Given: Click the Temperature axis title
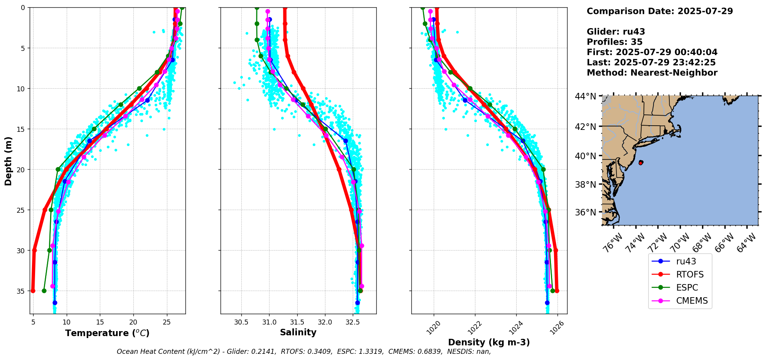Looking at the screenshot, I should (x=107, y=333).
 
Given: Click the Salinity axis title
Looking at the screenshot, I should (x=298, y=332).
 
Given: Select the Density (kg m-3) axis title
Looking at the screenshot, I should (x=489, y=342).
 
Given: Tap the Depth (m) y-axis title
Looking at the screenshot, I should (x=8, y=161).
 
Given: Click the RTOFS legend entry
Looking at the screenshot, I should (x=690, y=274).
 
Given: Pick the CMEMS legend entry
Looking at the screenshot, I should (x=692, y=301).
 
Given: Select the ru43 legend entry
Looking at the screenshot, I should (x=686, y=261).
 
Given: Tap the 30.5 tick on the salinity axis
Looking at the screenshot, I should (x=241, y=321).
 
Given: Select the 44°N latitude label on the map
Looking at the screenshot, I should (x=585, y=96).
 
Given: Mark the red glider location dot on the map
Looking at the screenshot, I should (x=640, y=163).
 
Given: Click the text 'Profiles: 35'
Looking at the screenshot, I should (x=615, y=42).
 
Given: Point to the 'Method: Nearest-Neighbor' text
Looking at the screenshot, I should (x=652, y=73).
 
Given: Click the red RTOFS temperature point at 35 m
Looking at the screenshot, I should (x=33, y=291).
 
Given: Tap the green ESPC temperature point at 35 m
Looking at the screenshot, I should (x=44, y=291).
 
